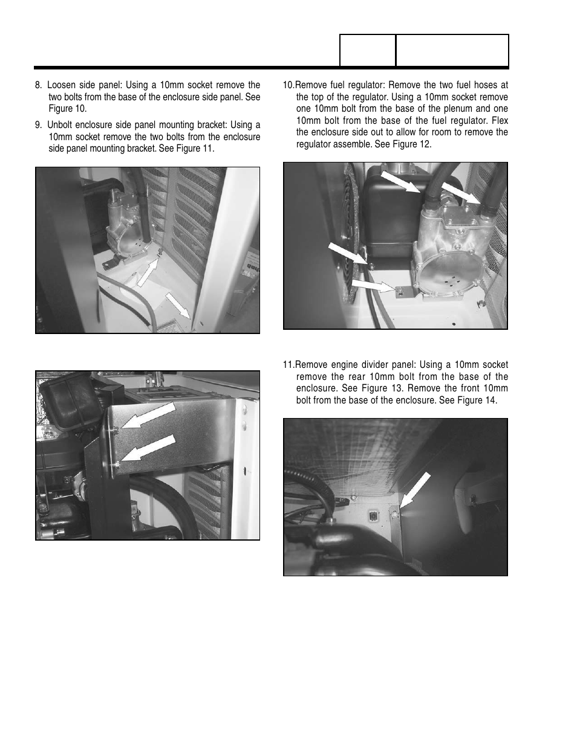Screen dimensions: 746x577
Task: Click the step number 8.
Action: [38, 85]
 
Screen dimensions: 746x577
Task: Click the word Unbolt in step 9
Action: [61, 125]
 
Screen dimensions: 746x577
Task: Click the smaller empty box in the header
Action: [368, 50]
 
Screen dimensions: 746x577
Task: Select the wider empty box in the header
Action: [452, 50]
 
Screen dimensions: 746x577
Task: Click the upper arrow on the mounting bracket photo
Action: [148, 417]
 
